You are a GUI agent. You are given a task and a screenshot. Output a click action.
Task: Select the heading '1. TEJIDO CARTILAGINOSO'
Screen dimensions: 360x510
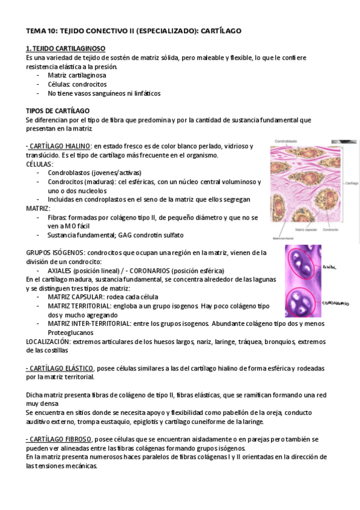pos(66,48)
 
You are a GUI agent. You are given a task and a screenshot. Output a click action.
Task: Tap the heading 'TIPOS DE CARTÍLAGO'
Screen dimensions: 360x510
pos(58,111)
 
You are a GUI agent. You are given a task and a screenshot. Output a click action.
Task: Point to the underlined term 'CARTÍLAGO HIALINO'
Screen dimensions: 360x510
pos(59,147)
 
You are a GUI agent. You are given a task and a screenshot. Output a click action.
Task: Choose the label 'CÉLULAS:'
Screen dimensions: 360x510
pos(40,164)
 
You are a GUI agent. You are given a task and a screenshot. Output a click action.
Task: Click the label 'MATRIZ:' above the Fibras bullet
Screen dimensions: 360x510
pos(38,208)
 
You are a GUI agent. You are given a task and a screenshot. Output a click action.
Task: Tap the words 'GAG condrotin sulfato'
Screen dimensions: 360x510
pos(150,235)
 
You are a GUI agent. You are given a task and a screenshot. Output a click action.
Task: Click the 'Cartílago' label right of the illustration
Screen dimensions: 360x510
pos(352,183)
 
